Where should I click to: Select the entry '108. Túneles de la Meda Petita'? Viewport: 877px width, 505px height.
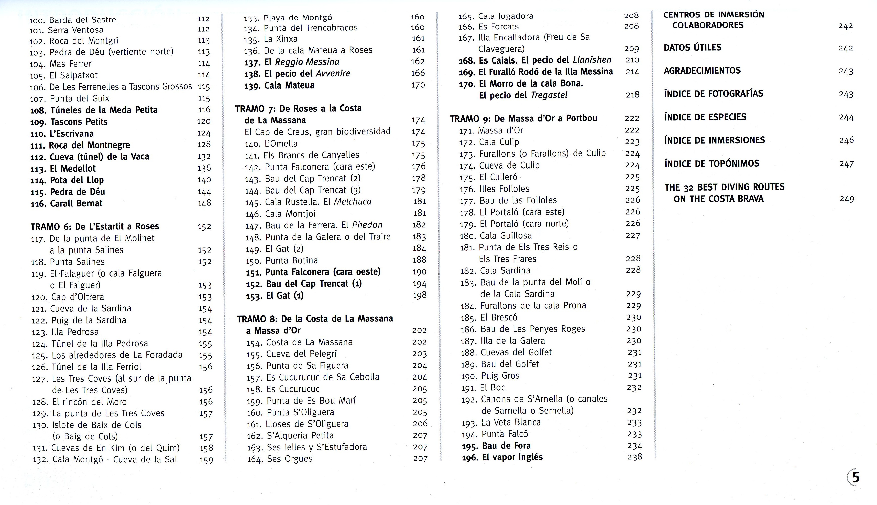click(x=94, y=110)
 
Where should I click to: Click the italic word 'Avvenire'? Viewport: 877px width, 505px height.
click(x=333, y=74)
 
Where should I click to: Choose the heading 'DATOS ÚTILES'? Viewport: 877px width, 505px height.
click(x=692, y=48)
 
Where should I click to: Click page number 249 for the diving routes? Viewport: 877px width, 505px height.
click(x=846, y=199)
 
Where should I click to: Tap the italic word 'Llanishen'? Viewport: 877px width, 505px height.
click(x=592, y=60)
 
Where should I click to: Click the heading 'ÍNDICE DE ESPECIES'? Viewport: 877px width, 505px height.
click(x=705, y=117)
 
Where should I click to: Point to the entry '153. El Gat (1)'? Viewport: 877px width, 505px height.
click(x=275, y=296)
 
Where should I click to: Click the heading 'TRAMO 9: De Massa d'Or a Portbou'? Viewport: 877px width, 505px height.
click(x=523, y=118)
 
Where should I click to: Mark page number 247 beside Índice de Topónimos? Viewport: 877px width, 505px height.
click(x=846, y=164)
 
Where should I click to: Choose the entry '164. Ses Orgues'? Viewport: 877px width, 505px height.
click(x=279, y=459)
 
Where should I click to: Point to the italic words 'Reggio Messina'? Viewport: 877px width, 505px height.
click(x=307, y=62)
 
